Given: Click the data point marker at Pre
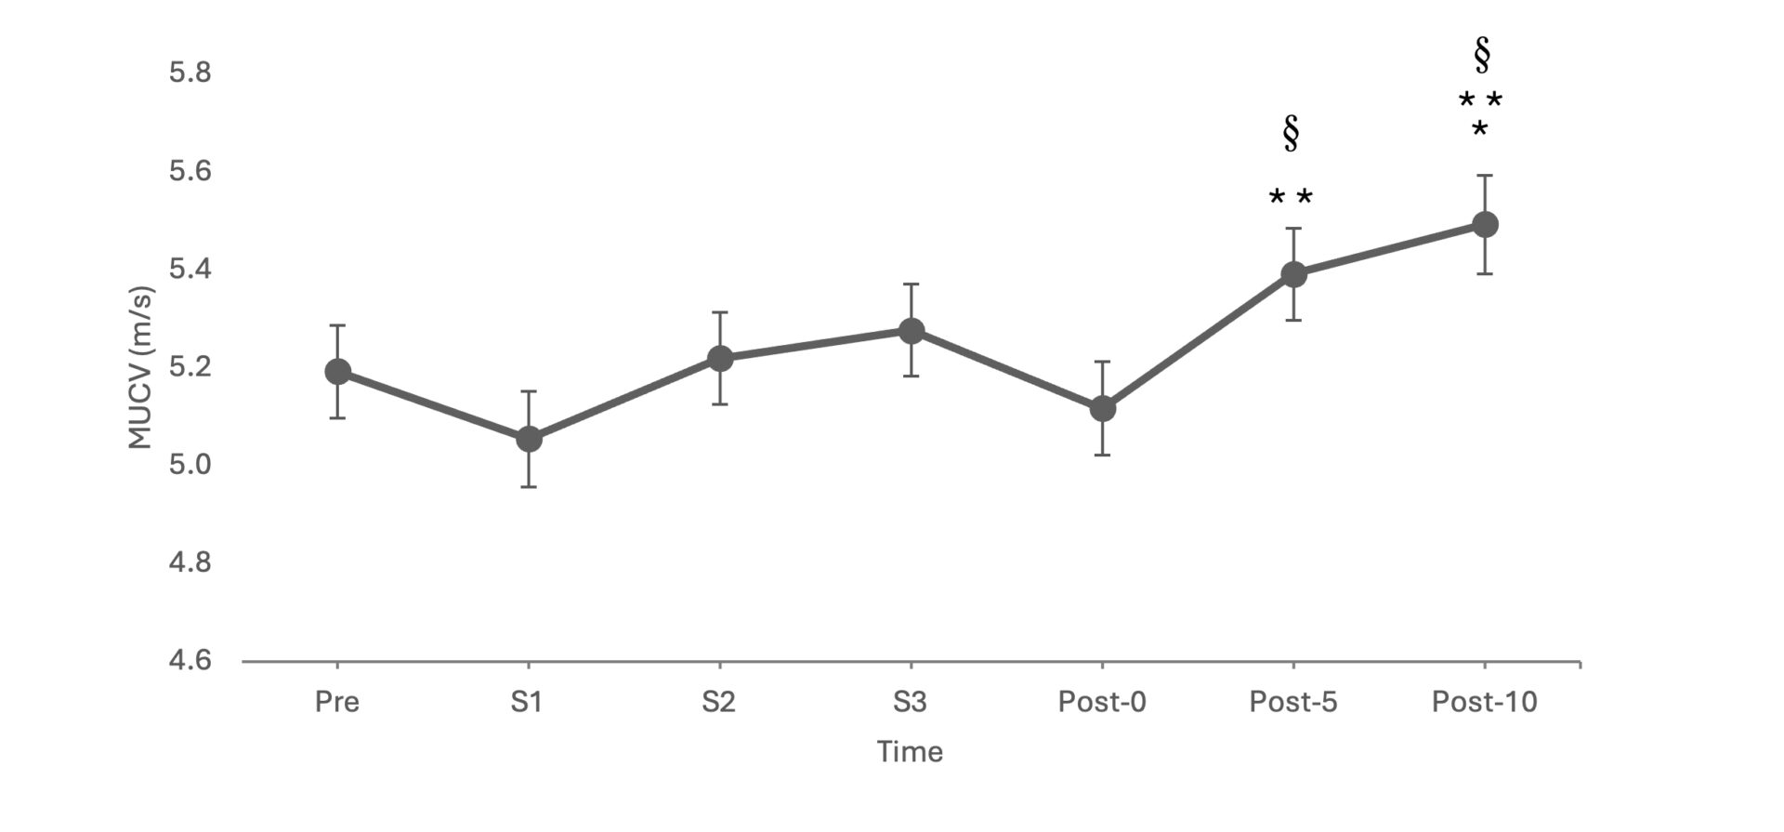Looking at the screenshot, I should [337, 372].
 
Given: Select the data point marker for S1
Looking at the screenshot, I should [529, 439].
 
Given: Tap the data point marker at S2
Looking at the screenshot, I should [720, 358].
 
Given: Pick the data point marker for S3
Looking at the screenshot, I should [912, 331].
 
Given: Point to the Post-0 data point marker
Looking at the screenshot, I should [1103, 409].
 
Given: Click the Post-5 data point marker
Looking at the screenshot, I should [1293, 274].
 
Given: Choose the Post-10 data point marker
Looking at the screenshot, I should [1485, 224].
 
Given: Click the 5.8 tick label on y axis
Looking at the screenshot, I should [190, 73].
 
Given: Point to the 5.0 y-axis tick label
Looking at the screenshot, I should [190, 465].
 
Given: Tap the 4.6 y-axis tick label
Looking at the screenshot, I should [190, 661].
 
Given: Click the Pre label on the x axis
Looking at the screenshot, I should [337, 702].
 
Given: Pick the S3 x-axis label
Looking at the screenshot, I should [910, 702].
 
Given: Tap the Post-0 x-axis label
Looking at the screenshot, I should [1102, 702].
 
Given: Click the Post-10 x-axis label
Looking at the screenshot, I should [1485, 702].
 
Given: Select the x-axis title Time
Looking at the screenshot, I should [910, 752].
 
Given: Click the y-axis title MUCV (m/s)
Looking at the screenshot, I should [140, 368].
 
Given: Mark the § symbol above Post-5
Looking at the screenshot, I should [1291, 134].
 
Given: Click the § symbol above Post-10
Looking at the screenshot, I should [1482, 56].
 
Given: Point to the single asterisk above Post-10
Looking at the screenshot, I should [1479, 128].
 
